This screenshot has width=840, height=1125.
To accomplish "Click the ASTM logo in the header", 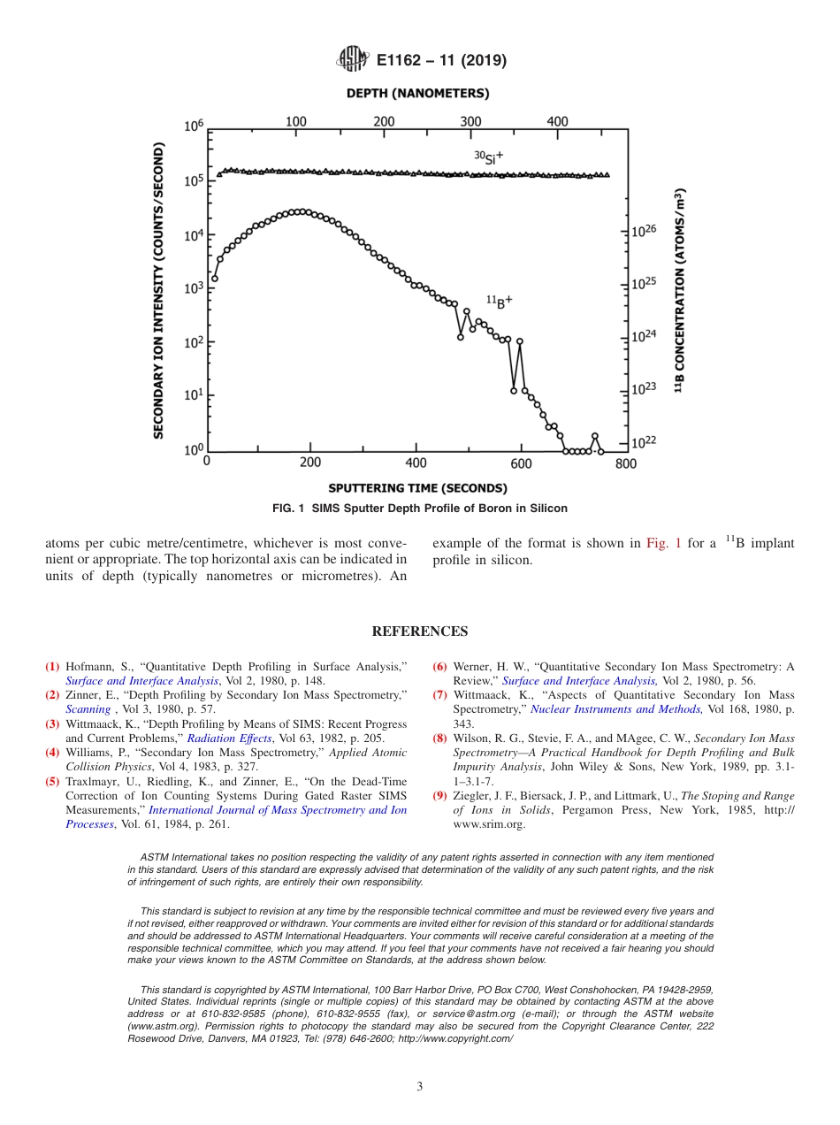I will point(352,60).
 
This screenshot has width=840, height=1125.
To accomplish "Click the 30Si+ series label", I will point(488,157).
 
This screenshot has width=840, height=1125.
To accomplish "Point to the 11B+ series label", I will point(500,302).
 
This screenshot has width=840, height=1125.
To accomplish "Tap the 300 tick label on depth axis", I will point(471,121).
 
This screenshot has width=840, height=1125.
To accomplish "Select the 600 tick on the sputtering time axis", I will point(521,463).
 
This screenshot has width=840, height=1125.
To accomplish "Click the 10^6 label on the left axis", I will point(194,126).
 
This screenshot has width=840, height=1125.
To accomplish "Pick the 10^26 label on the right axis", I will point(644,230).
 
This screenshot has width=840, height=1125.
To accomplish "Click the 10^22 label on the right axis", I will point(644,442).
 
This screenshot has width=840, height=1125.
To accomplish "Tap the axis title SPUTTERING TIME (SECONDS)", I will point(417,487).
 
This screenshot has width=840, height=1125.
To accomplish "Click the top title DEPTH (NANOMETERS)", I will point(418,93).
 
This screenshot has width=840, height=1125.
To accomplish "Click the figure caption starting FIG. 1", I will point(420,509).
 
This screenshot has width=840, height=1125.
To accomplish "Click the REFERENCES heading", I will point(419,631).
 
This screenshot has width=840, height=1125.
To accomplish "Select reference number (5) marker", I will point(52,782).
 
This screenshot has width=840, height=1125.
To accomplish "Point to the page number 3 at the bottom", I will point(419,1087).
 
